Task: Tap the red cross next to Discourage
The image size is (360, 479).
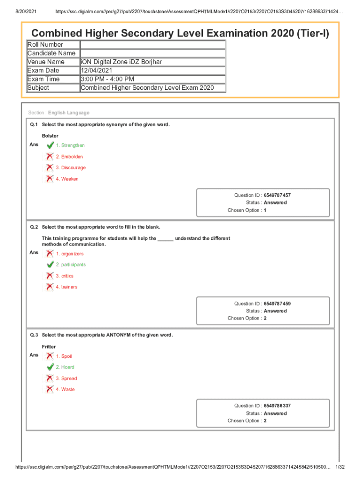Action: [49, 167]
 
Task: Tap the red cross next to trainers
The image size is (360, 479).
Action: [49, 287]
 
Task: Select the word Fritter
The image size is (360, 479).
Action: [49, 347]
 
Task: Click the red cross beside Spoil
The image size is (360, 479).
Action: [49, 356]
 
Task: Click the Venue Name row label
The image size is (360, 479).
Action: [46, 62]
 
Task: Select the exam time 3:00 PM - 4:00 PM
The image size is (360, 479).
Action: [108, 79]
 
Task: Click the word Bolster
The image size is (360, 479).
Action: [50, 136]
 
